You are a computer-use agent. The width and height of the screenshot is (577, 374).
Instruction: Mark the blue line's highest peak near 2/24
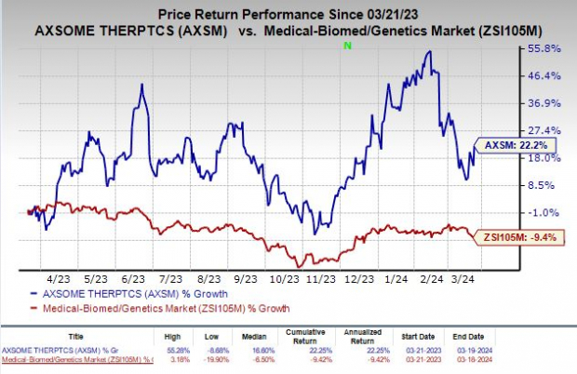[429, 51]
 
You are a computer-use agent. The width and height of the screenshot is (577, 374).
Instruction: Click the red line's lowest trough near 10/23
[300, 266]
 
